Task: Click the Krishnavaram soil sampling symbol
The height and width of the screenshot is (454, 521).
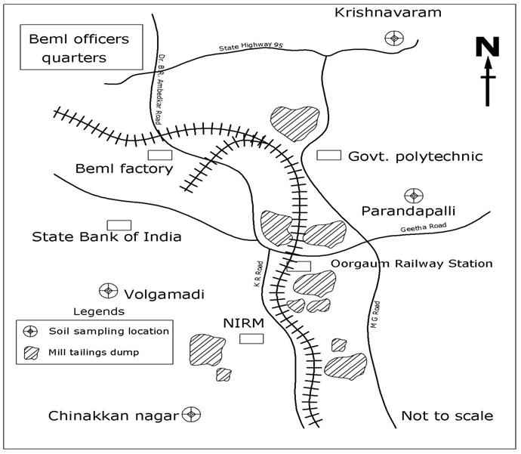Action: pyautogui.click(x=393, y=38)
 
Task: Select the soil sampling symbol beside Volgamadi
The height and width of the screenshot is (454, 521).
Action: pyautogui.click(x=109, y=291)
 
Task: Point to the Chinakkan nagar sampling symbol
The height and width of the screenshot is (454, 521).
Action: pyautogui.click(x=192, y=415)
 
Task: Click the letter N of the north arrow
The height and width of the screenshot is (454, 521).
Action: pyautogui.click(x=488, y=48)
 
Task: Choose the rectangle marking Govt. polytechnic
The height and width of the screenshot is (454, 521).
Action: pyautogui.click(x=328, y=156)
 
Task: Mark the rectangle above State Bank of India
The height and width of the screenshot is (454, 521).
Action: pyautogui.click(x=119, y=224)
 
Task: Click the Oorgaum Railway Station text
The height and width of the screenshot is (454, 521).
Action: pyautogui.click(x=412, y=264)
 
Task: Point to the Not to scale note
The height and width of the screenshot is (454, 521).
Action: pyautogui.click(x=447, y=415)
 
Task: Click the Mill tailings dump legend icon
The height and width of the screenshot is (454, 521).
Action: pyautogui.click(x=32, y=351)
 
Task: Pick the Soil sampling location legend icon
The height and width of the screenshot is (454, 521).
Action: pyautogui.click(x=32, y=331)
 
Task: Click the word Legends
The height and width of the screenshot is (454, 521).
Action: pyautogui.click(x=98, y=310)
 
